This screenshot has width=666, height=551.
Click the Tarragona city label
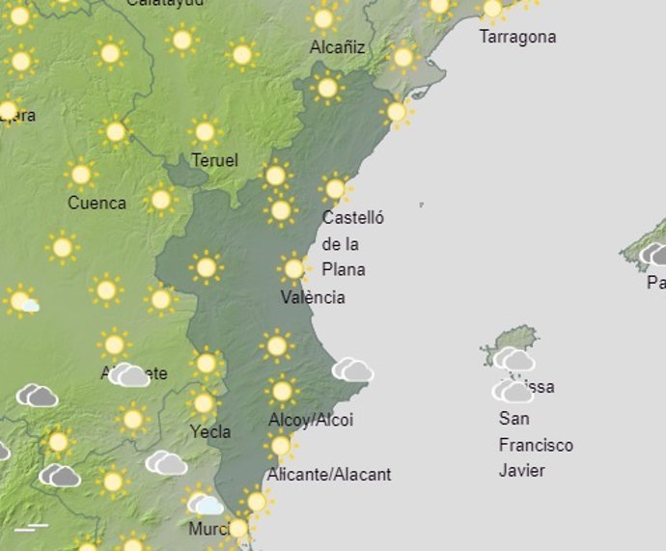(517, 37)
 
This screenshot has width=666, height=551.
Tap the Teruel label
(214, 160)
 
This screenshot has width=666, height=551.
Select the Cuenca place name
(97, 203)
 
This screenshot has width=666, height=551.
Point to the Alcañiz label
(338, 46)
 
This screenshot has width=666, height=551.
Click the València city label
(313, 297)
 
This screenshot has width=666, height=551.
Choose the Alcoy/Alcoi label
(311, 420)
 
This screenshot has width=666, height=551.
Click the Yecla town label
(210, 431)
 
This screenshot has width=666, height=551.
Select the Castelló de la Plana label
(352, 243)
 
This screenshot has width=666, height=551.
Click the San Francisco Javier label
(536, 445)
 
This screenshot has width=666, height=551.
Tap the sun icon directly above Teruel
(204, 131)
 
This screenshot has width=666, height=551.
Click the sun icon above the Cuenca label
(81, 175)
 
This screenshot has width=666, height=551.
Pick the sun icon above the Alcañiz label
(323, 18)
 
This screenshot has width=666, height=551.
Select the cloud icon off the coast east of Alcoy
(352, 370)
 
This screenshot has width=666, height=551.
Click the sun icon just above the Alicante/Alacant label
(281, 446)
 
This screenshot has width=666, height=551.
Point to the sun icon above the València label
(293, 268)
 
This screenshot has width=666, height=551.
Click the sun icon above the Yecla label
(203, 403)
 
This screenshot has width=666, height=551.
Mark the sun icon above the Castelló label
(335, 187)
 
